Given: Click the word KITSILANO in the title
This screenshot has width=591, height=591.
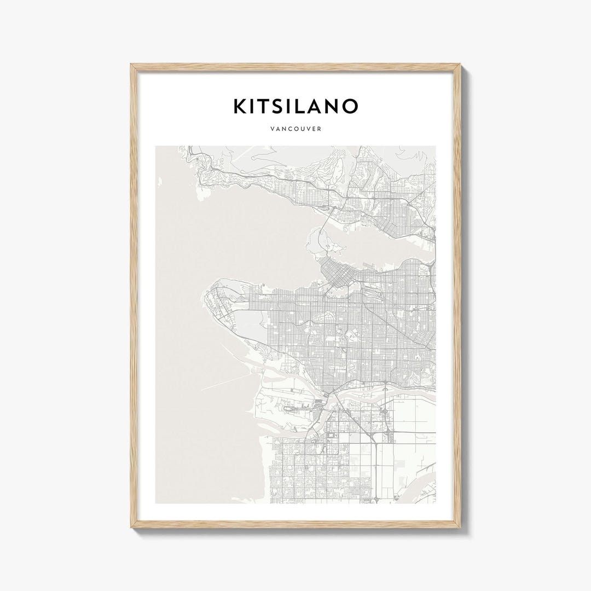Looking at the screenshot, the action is point(296,106).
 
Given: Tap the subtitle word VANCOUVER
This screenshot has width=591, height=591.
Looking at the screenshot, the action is point(296,130).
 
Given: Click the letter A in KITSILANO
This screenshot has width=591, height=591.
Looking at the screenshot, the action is point(321,106).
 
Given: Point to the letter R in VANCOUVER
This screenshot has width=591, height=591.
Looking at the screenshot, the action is point(318,130).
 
